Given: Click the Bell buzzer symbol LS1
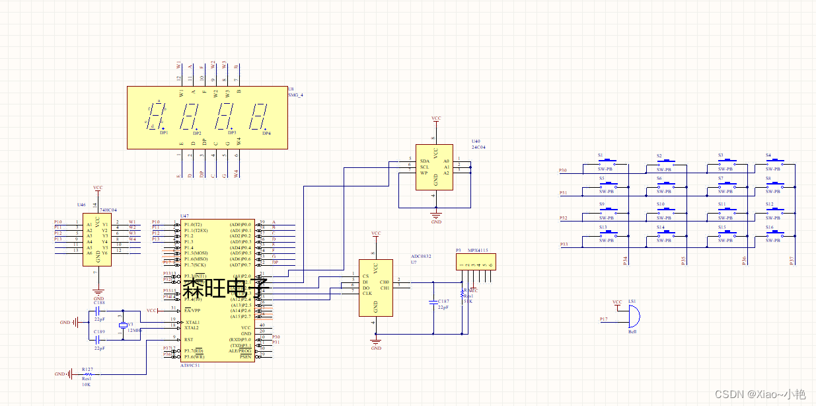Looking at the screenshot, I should tap(632, 318).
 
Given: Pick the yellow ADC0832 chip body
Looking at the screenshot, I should tap(375, 287).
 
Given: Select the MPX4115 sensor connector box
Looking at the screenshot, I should tap(476, 262).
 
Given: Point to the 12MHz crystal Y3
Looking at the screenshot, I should tap(122, 327).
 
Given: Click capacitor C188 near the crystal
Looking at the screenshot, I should tap(98, 310).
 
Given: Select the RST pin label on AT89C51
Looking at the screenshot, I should tap(189, 339).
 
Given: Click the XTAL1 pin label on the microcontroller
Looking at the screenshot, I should tap(192, 322).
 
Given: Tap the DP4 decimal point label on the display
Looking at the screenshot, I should tap(266, 134).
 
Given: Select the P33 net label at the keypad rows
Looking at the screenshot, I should tap(563, 245).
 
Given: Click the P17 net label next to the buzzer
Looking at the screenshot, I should tap(603, 319).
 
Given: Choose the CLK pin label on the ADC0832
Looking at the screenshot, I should tap(367, 294).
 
